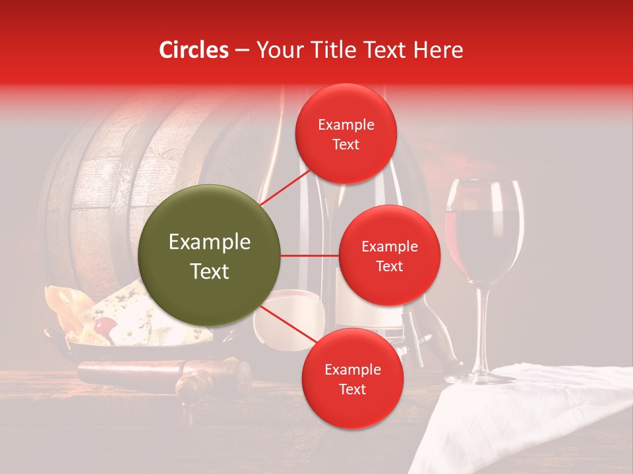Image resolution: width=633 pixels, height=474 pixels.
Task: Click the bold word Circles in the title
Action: pyautogui.click(x=194, y=50)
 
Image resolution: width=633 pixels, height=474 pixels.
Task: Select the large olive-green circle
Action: pyautogui.click(x=210, y=255)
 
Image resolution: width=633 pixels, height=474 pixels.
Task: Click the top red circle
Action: pyautogui.click(x=346, y=134)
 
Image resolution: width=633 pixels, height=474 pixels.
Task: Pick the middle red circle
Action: pyautogui.click(x=389, y=255)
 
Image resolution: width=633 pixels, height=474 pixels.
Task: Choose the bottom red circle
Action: pyautogui.click(x=352, y=379)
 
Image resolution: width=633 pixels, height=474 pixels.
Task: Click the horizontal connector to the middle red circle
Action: pyautogui.click(x=309, y=255)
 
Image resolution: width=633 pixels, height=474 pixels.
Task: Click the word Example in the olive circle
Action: pyautogui.click(x=210, y=242)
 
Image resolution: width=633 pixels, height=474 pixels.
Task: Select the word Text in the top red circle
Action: pyautogui.click(x=346, y=144)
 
